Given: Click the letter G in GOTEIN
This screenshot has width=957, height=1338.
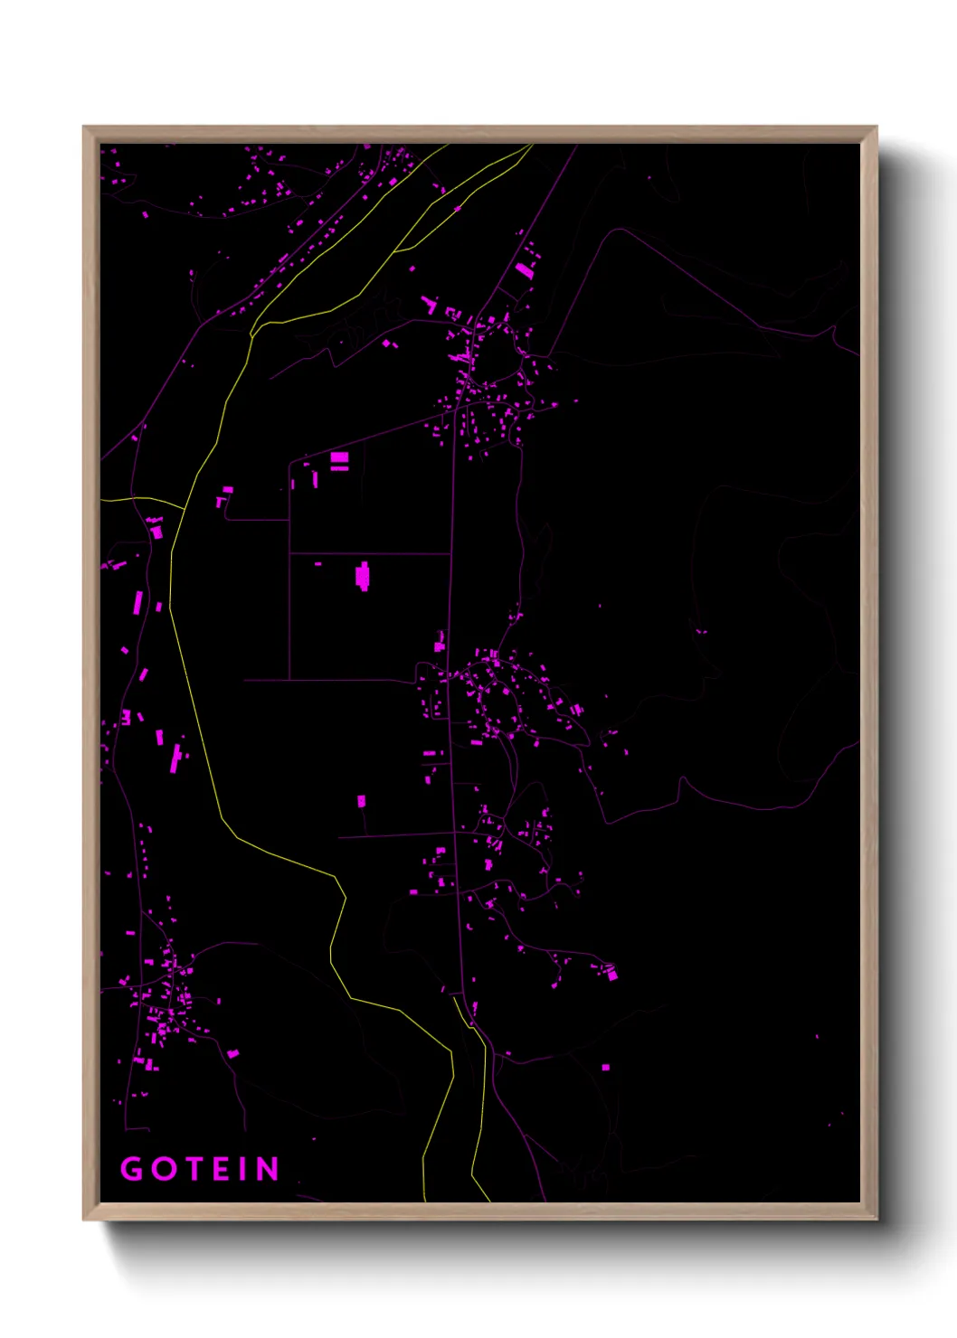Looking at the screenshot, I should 132,1169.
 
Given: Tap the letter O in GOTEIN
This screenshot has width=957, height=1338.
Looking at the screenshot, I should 164,1169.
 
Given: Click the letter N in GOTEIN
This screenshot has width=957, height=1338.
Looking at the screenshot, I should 267,1169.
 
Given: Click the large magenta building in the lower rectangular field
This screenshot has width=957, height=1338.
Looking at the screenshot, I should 363,576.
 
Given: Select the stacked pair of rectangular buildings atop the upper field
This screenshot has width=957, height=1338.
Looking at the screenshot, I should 339,461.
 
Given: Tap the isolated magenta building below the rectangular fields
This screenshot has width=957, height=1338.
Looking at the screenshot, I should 362,801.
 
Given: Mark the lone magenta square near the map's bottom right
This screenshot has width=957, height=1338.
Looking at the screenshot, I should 606,1068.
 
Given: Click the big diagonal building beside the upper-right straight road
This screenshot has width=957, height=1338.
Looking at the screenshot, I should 525,269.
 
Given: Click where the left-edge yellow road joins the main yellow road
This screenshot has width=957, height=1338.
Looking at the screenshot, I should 185,509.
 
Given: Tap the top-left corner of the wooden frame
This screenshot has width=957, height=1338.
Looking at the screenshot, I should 85,128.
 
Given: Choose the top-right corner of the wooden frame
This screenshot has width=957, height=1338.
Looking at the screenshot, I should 876,128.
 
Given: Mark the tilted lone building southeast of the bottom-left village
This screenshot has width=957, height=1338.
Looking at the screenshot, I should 232,1053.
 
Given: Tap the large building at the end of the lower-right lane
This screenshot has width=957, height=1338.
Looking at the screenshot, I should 612,973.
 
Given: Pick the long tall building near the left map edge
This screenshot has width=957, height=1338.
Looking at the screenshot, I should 138,602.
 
